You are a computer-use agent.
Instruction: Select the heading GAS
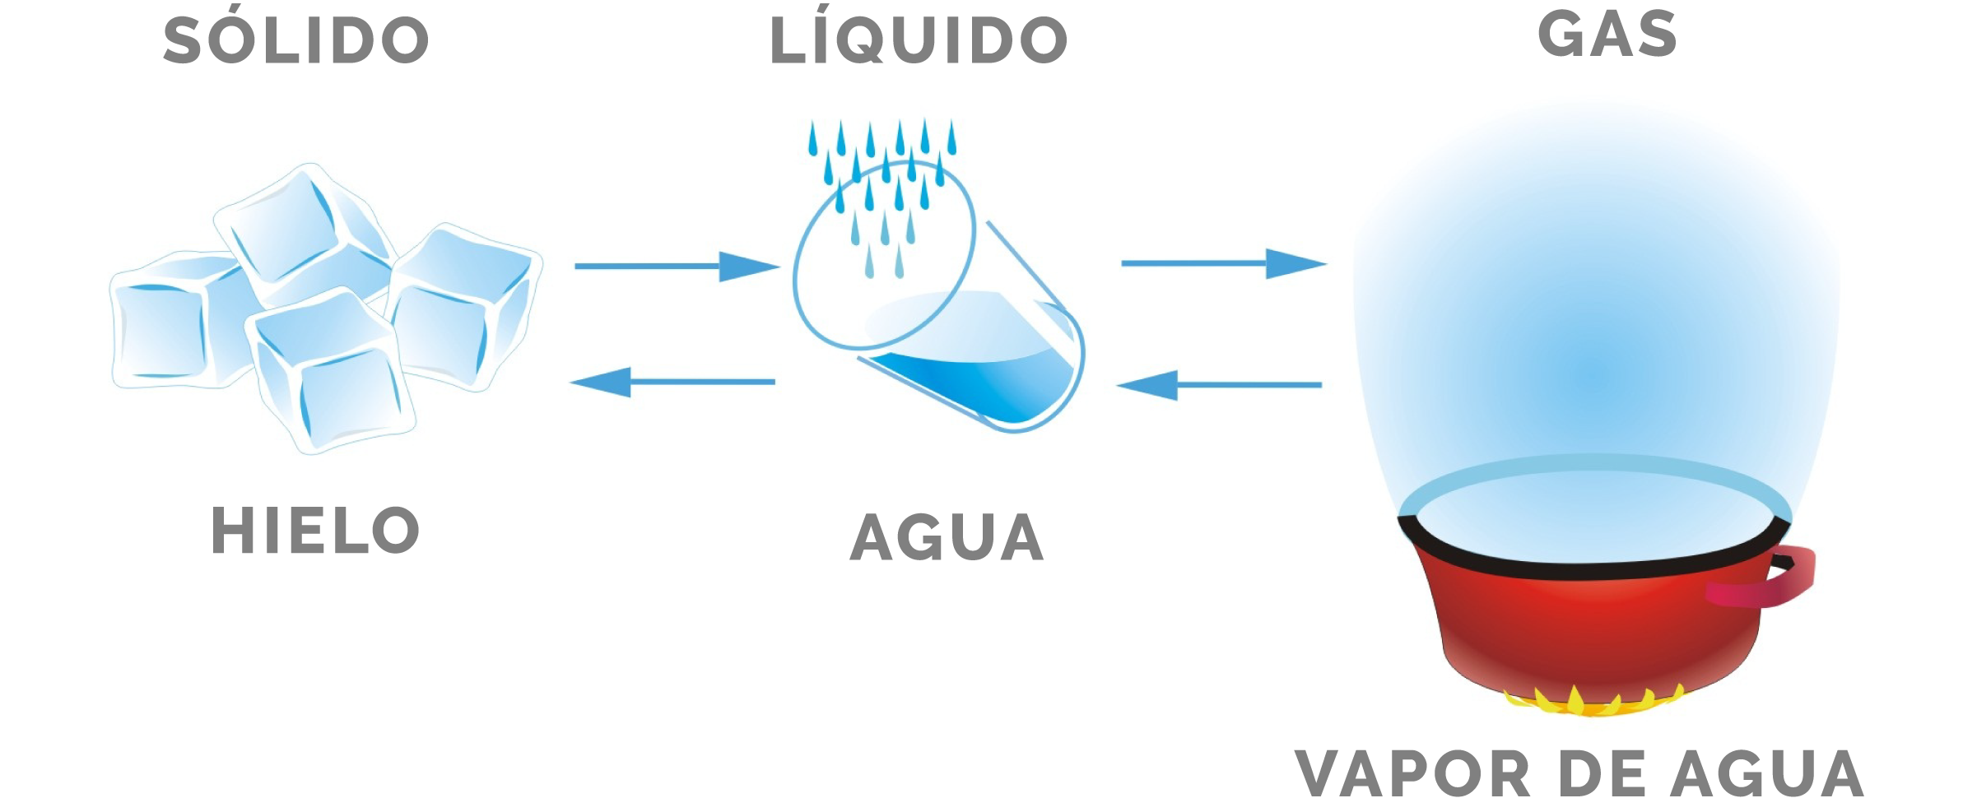pyautogui.click(x=1607, y=34)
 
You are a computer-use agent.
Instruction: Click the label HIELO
pyautogui.click(x=315, y=530)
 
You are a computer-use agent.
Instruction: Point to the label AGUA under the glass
pyautogui.click(x=947, y=537)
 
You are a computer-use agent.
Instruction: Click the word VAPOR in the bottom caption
pyautogui.click(x=1412, y=774)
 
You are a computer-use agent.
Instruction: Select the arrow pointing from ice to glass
pyautogui.click(x=677, y=267)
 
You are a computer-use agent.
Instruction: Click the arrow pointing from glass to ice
pyautogui.click(x=672, y=382)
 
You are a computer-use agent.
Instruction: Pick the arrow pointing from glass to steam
pyautogui.click(x=1224, y=263)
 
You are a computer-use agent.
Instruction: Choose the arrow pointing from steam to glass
pyautogui.click(x=1219, y=384)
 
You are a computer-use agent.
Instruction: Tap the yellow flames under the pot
pyautogui.click(x=1593, y=701)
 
